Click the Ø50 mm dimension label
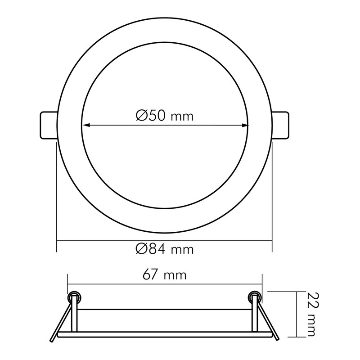[165, 116]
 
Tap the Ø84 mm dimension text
[165, 249]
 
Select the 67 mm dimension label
[164, 274]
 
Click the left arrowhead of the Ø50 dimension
[86, 125]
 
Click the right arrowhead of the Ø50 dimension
[245, 125]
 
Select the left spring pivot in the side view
[74, 297]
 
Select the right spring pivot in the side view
[255, 297]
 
